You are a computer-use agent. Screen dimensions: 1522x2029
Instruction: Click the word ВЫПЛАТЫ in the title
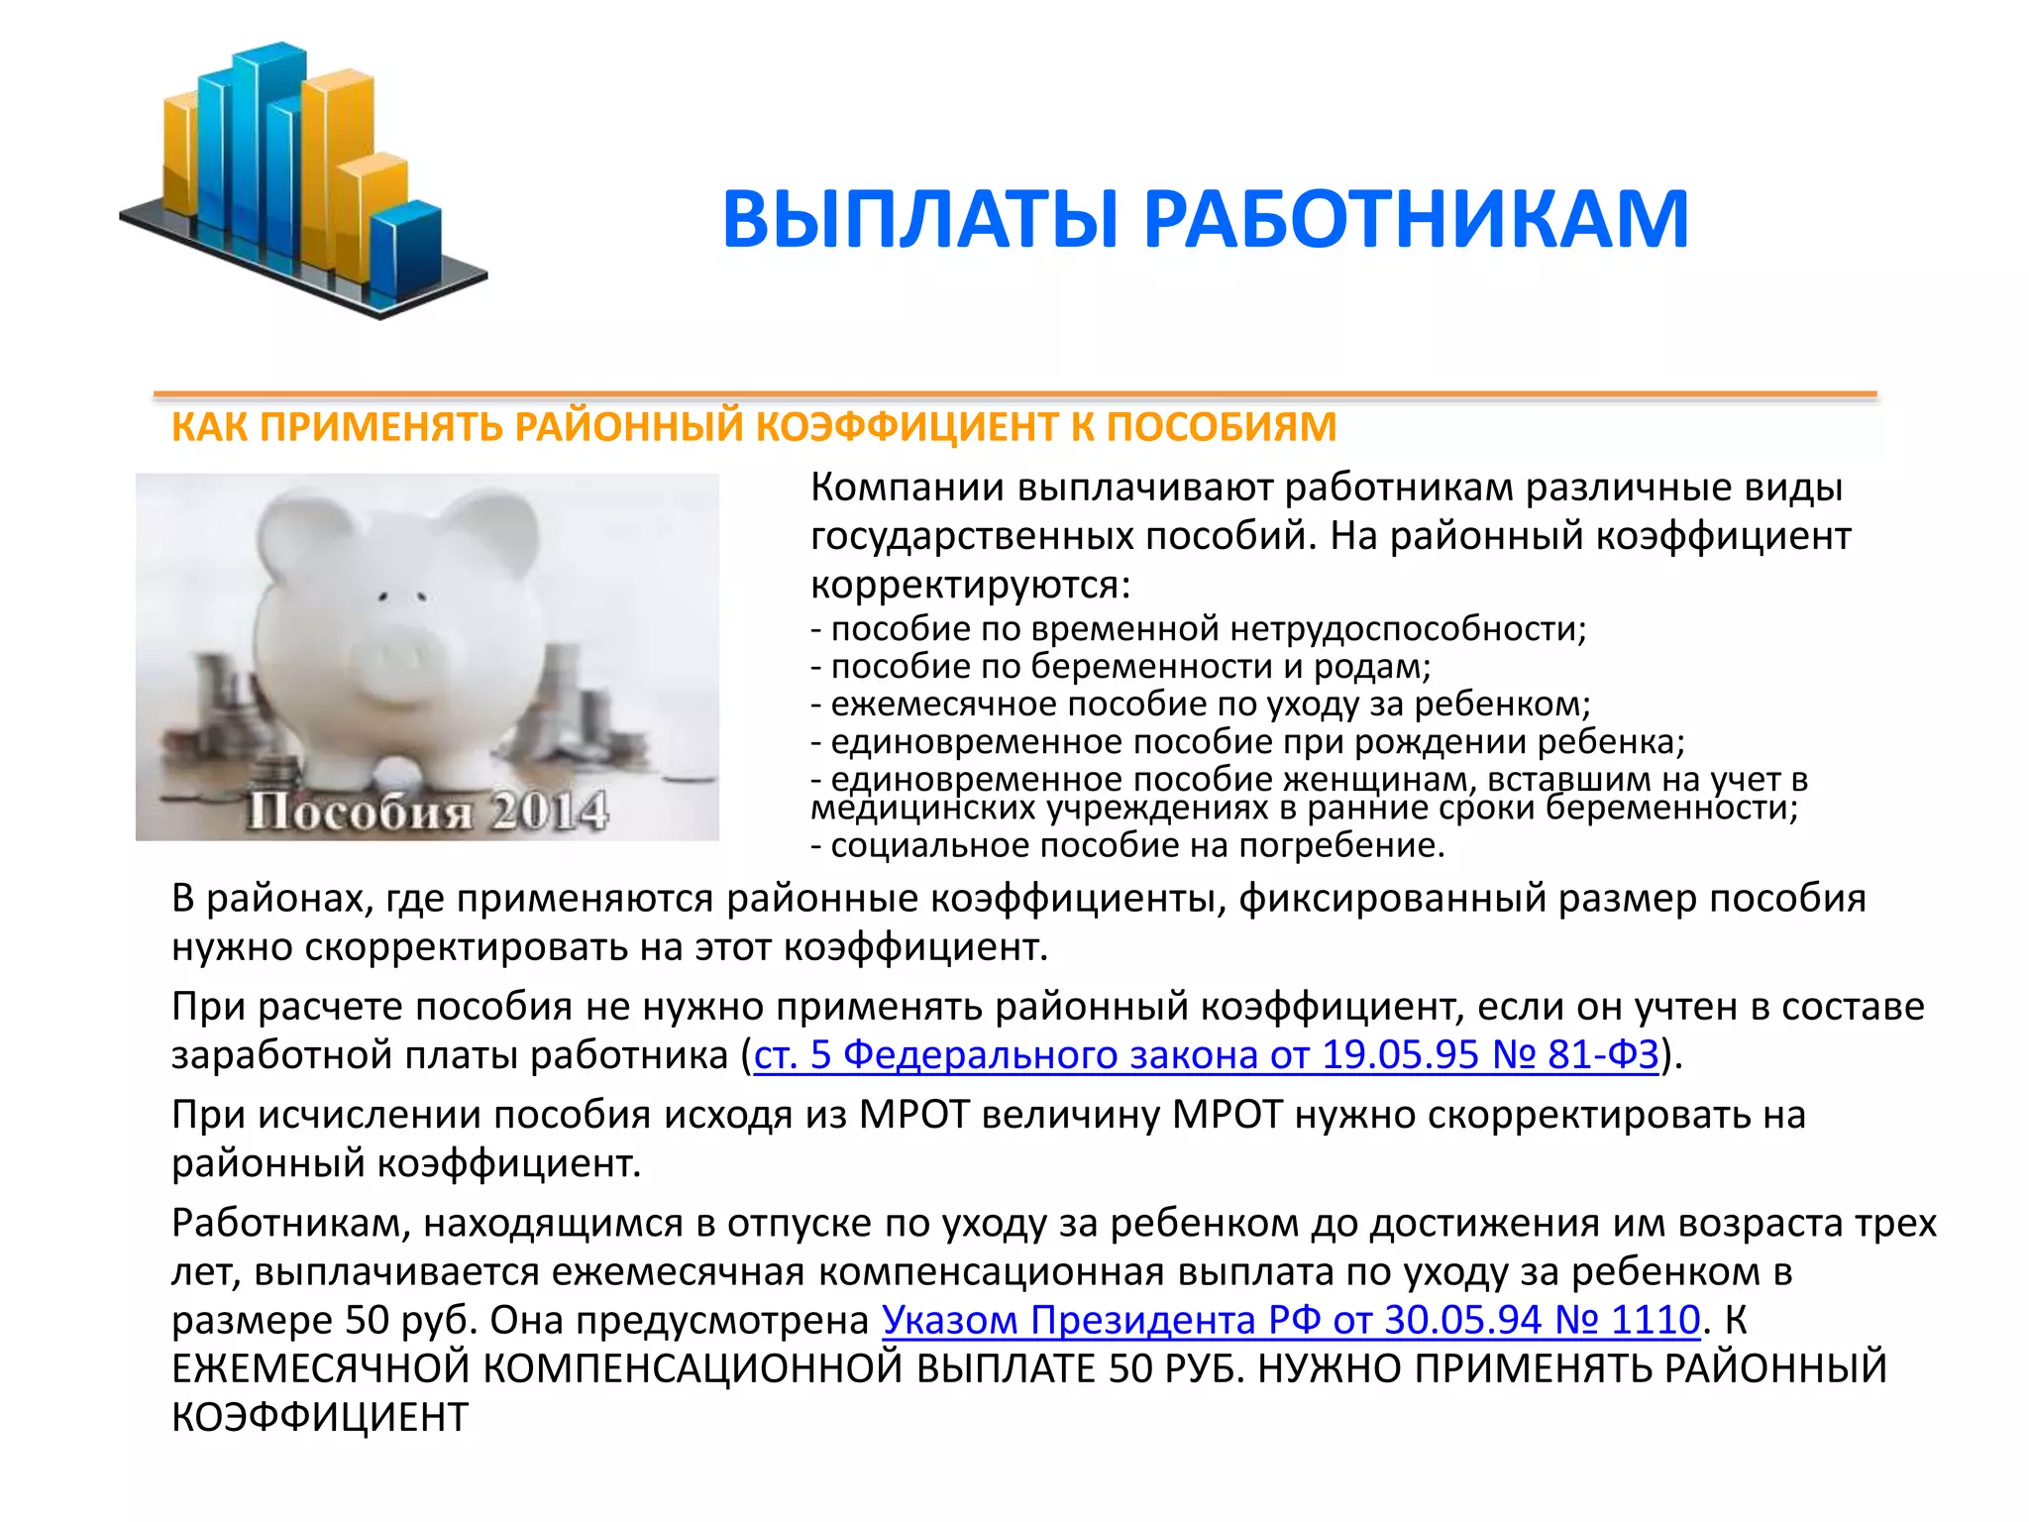921,220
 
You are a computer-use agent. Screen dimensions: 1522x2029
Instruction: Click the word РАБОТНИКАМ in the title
1417,220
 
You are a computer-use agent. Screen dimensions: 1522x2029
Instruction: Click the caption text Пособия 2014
426,812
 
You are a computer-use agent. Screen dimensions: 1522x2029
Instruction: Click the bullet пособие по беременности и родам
1120,667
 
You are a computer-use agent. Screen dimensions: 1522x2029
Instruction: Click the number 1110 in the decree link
1655,1321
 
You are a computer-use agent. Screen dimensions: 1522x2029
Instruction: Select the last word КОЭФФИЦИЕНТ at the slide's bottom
319,1418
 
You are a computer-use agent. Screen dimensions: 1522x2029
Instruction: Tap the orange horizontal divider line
1014,395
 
